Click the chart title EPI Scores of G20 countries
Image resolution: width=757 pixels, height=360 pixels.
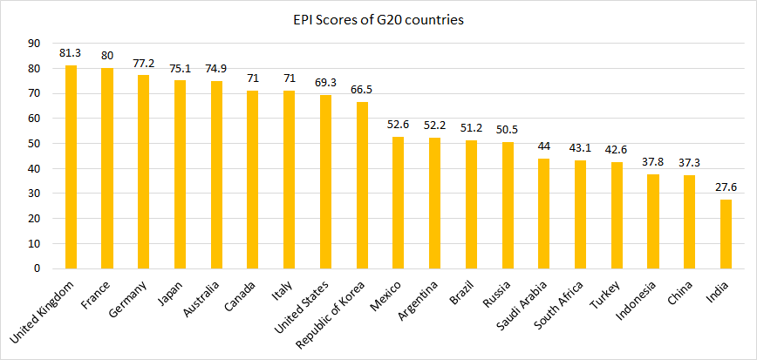click(378, 19)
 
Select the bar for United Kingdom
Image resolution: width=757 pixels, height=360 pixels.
click(71, 166)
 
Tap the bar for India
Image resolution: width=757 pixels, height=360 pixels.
click(726, 234)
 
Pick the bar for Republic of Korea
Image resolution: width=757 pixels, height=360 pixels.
click(362, 185)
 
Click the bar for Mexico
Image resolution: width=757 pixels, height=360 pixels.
click(399, 202)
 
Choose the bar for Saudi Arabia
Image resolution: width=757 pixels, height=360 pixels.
click(544, 214)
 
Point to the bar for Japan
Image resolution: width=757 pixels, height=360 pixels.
click(180, 174)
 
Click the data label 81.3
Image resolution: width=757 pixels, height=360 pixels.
click(71, 53)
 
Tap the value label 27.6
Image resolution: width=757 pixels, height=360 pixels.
click(726, 187)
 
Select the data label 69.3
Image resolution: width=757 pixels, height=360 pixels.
click(325, 83)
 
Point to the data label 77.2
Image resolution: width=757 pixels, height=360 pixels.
click(143, 64)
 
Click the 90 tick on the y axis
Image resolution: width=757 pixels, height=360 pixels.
click(34, 44)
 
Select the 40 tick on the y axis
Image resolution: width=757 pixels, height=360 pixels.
click(34, 169)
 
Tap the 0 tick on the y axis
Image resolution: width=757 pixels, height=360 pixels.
click(37, 269)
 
